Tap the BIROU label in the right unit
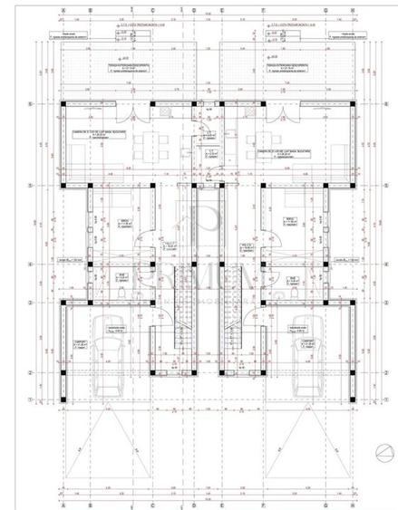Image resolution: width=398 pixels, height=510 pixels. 291,220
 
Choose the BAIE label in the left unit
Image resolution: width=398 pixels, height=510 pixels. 98,278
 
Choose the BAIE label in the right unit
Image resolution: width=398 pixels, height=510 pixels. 293,278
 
